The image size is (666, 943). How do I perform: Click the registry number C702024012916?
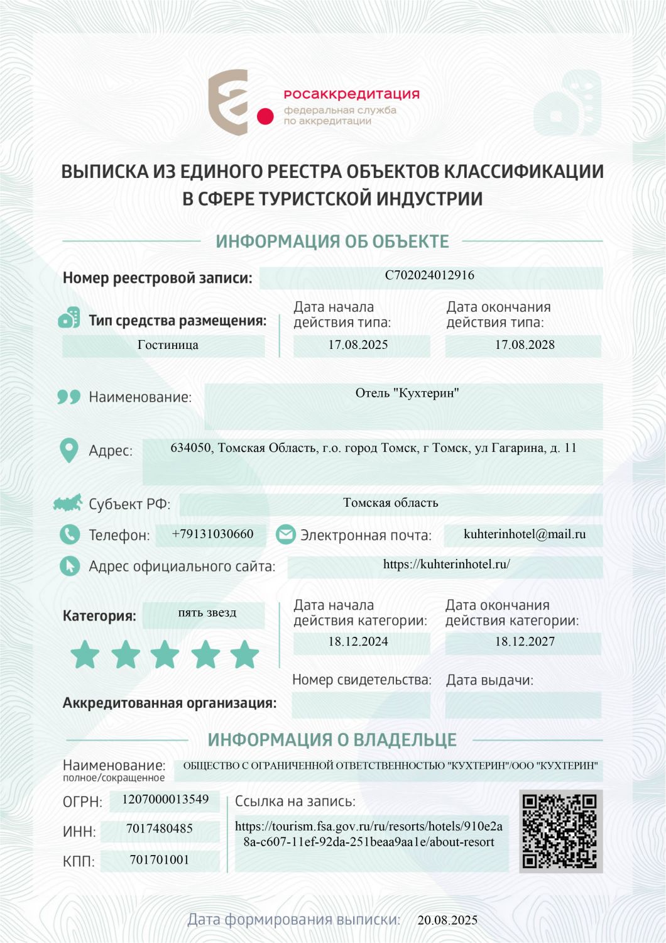(430, 275)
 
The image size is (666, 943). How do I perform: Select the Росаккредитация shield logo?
(228, 102)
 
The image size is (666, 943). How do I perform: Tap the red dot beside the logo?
(265, 116)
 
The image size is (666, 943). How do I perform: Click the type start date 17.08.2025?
(358, 345)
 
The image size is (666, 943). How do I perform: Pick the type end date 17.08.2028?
(525, 345)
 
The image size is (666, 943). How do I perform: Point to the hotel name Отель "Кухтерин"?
(407, 394)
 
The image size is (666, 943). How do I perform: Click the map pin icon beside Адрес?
(68, 450)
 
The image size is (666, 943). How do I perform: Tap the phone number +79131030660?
(212, 534)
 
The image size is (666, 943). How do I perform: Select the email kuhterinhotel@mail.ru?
(525, 534)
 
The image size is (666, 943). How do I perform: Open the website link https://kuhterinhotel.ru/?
(446, 565)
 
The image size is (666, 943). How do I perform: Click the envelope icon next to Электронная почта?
(286, 534)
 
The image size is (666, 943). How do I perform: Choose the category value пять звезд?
(207, 613)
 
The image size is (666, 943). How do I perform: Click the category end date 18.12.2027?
(525, 642)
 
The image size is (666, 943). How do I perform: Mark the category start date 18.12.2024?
(358, 642)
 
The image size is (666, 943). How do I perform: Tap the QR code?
(560, 831)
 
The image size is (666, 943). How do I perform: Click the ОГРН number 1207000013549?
(165, 800)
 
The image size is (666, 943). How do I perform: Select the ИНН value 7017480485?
(160, 829)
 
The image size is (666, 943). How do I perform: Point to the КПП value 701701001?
(160, 860)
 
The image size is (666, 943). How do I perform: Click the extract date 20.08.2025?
(447, 920)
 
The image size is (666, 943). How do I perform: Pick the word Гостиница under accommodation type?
(168, 345)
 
